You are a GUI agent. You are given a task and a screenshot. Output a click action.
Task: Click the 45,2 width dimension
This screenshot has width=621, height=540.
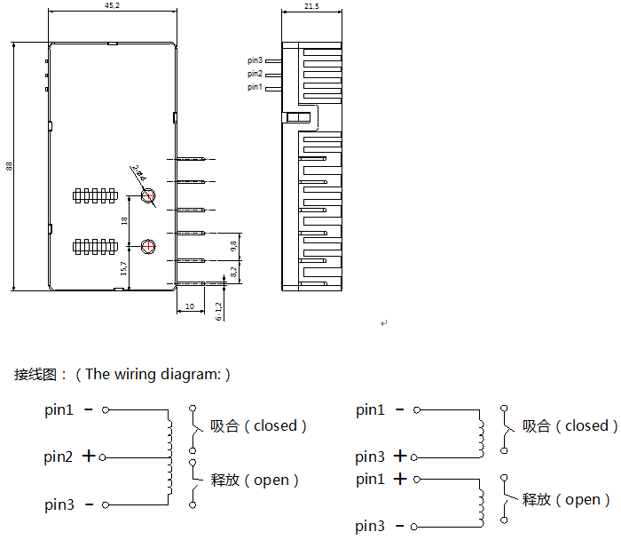coord(112,5)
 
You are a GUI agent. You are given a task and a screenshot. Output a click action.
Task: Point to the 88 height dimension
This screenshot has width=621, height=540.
coord(9,166)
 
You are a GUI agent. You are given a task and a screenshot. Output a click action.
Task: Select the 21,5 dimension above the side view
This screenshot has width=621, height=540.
coord(311,5)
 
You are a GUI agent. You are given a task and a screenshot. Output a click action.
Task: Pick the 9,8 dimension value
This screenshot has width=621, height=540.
coord(233,244)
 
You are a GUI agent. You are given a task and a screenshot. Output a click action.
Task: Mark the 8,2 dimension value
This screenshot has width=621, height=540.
coord(233,272)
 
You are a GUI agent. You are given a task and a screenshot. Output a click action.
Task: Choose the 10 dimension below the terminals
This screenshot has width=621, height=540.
coord(190,306)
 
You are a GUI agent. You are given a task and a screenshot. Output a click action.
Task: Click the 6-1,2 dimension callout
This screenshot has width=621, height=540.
coord(218,310)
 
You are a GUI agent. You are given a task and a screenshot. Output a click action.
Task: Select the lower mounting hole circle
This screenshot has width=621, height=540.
coord(149,245)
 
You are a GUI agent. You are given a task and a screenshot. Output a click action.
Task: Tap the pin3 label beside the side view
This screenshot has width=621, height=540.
coord(255,60)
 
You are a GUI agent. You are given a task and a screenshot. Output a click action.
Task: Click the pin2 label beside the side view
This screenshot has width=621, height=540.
coord(255,74)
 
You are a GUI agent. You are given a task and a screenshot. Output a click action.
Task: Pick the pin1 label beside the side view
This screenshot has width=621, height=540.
coord(255,87)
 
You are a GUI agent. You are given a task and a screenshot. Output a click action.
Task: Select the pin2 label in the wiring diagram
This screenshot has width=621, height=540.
coord(59,457)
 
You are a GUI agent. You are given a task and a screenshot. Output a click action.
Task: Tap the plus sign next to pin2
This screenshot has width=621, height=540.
coord(89,457)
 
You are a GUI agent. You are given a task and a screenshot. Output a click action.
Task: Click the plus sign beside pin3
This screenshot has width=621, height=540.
coord(400,457)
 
